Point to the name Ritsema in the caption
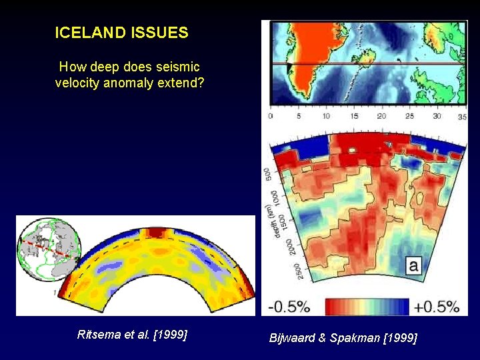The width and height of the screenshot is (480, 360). (x=97, y=335)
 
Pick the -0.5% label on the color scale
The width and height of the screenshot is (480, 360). (x=290, y=307)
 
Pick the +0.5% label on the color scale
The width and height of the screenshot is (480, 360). (x=437, y=307)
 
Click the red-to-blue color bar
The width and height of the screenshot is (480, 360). (x=366, y=307)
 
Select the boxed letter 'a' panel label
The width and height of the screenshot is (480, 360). (x=413, y=267)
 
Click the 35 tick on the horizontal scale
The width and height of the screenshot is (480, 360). (x=462, y=116)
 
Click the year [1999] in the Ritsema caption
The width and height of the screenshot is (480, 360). (x=170, y=335)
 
